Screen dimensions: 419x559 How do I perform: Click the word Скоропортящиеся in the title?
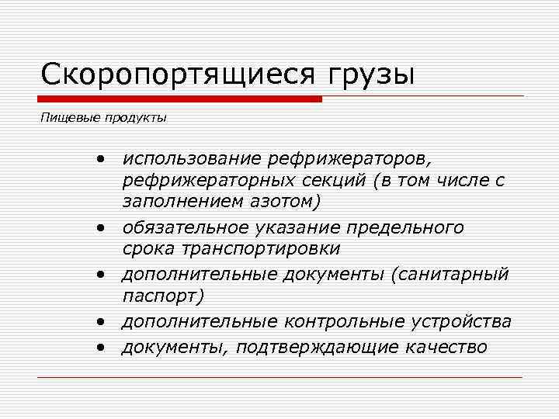(x=178, y=75)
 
